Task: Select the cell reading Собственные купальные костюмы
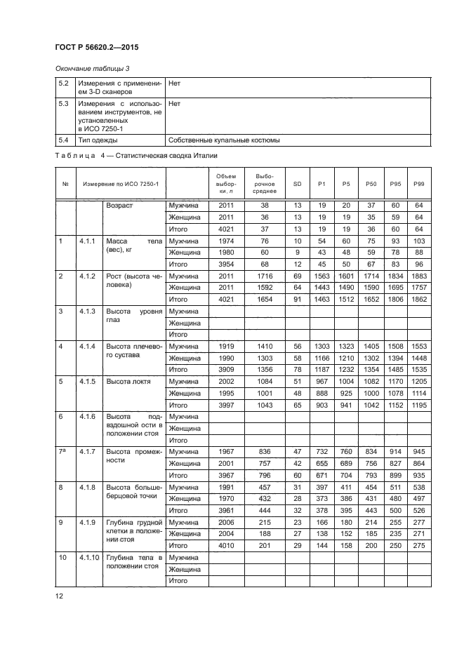pos(224,140)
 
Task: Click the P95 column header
pos(395,183)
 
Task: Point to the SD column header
pos(297,183)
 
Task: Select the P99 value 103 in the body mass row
pos(419,241)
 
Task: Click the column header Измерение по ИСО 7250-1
pos(121,183)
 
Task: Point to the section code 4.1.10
pos(89,556)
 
